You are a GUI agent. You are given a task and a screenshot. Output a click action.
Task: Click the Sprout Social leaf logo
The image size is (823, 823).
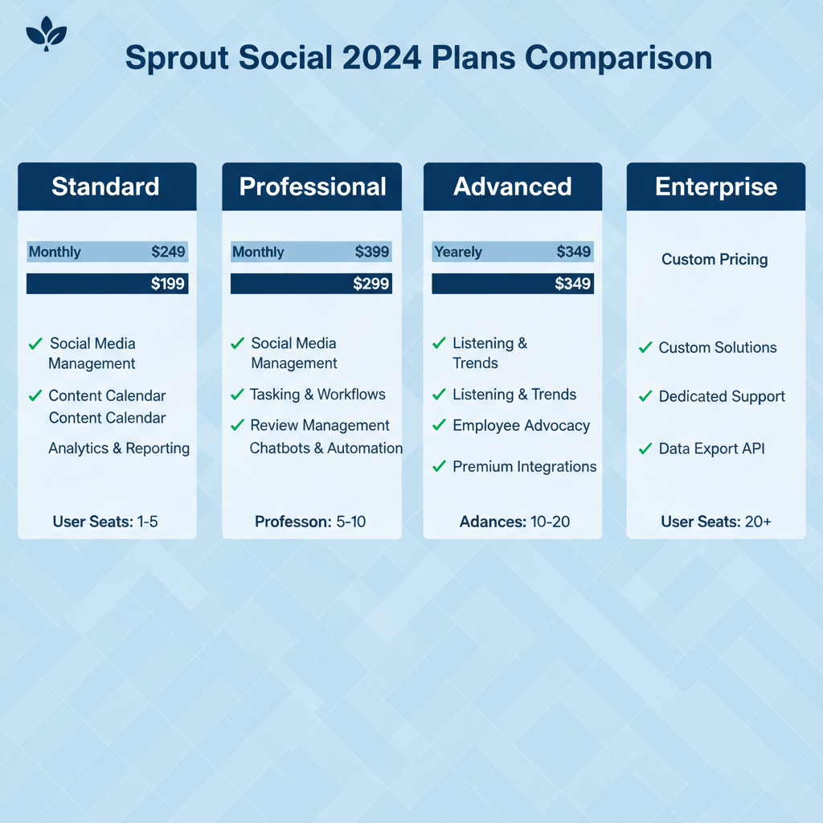[x=46, y=34]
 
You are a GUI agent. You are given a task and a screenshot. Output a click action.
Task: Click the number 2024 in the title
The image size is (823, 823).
[x=382, y=57]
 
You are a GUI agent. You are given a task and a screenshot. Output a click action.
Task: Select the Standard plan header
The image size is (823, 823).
[x=107, y=186]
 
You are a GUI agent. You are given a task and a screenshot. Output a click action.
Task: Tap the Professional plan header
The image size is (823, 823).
[x=312, y=186]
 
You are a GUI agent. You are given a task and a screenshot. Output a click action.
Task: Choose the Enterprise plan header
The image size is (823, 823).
[x=716, y=186]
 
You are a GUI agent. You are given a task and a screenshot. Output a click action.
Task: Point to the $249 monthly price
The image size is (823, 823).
[x=168, y=252]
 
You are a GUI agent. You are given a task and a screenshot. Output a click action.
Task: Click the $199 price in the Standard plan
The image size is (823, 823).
[x=167, y=284]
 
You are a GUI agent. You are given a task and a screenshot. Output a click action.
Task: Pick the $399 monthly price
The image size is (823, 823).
[x=371, y=252]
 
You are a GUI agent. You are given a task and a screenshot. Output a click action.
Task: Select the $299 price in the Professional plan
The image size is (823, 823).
[x=371, y=284]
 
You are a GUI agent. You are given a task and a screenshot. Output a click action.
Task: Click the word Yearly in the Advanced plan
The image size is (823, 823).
[x=458, y=252]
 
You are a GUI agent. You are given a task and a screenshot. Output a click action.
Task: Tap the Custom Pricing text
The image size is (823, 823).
[x=714, y=260]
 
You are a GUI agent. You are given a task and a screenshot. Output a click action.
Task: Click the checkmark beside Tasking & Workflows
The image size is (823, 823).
[x=237, y=394]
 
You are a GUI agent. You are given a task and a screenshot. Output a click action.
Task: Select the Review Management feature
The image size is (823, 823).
[x=320, y=425]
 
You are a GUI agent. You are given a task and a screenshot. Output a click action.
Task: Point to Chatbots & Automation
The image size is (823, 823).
[x=326, y=448]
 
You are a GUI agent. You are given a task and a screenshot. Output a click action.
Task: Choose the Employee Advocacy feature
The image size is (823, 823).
[x=521, y=425]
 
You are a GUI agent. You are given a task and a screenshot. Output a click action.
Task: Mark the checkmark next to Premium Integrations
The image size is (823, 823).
[x=439, y=466]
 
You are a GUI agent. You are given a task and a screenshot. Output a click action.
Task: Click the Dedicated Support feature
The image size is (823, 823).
[x=722, y=396]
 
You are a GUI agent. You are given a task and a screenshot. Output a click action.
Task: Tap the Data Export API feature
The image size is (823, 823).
[x=711, y=448]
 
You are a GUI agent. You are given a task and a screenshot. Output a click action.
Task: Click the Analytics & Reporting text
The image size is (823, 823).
[x=119, y=448]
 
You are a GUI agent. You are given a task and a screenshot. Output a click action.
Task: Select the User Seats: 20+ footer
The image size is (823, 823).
[x=716, y=522]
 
